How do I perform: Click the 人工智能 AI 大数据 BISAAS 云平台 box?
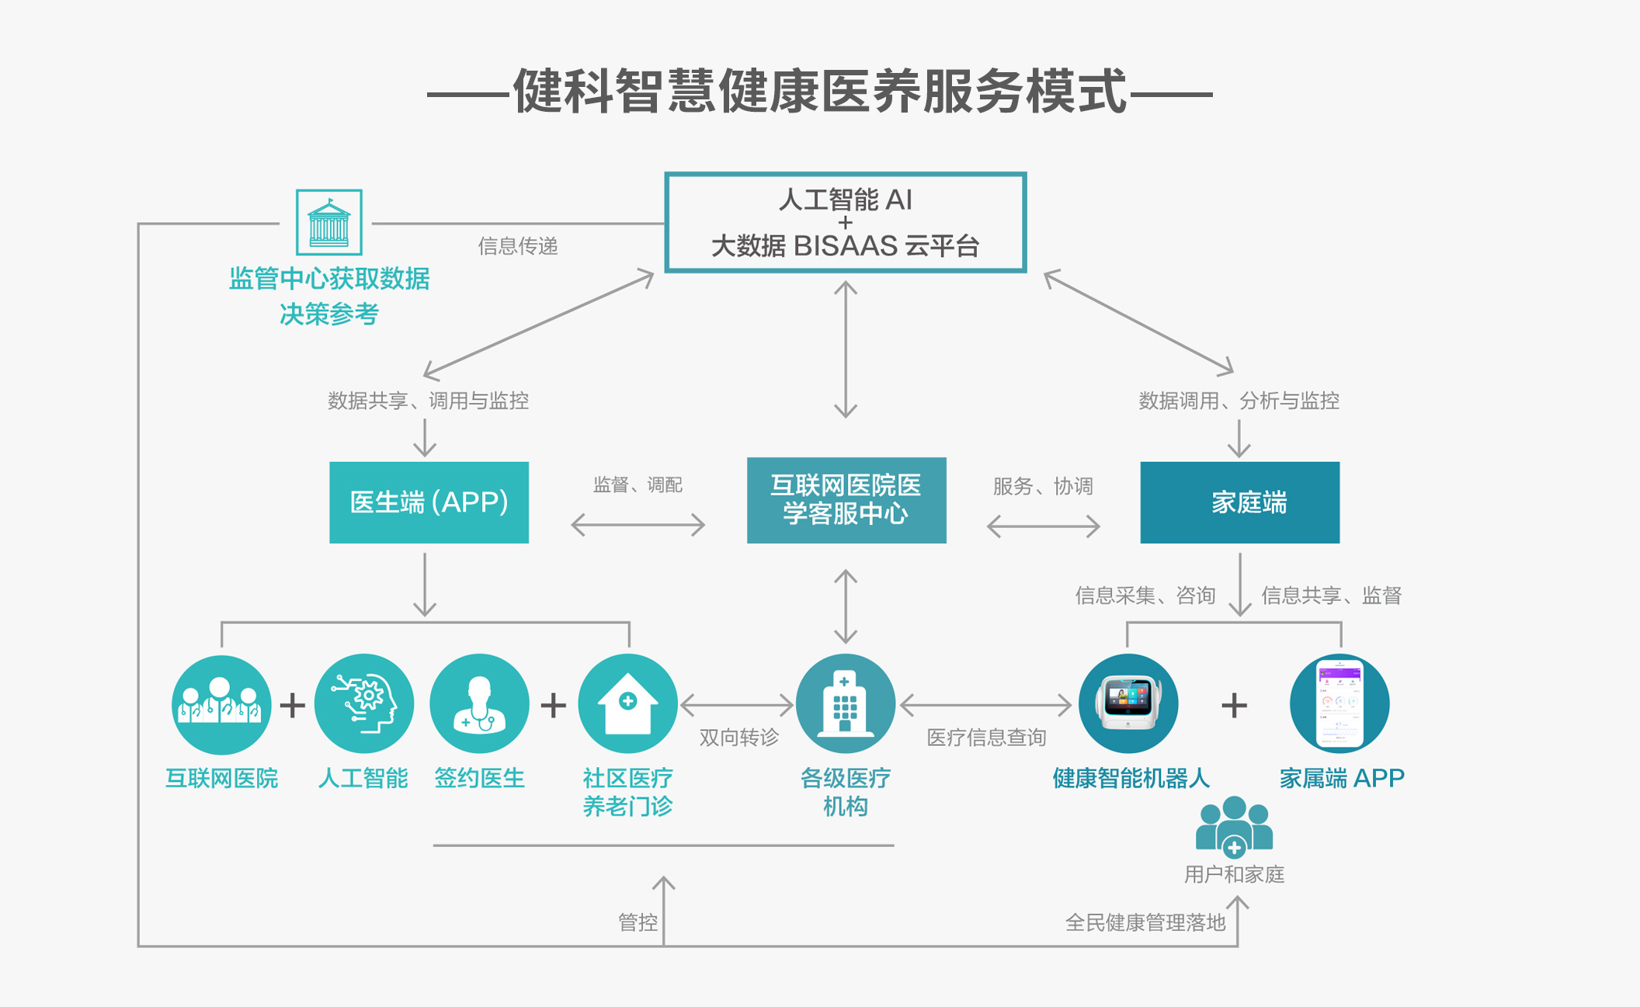(845, 222)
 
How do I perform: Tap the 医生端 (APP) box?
(429, 502)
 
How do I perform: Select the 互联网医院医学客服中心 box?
(846, 500)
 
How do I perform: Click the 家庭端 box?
(1239, 502)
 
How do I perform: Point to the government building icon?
(328, 222)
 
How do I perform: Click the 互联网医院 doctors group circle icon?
(221, 704)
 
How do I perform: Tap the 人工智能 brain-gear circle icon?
(363, 704)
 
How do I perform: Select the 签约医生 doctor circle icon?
(479, 704)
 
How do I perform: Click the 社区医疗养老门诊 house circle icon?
(627, 704)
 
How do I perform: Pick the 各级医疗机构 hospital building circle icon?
(845, 704)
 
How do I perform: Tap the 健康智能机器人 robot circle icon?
(1127, 704)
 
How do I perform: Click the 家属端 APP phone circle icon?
(1339, 704)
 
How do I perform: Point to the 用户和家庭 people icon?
(1234, 827)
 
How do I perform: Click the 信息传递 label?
(517, 246)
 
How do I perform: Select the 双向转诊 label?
(738, 737)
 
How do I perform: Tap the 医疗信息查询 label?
(986, 737)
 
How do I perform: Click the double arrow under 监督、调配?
(638, 526)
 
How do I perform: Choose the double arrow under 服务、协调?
(1043, 526)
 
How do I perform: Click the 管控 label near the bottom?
(638, 922)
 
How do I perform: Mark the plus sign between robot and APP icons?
(1234, 706)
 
